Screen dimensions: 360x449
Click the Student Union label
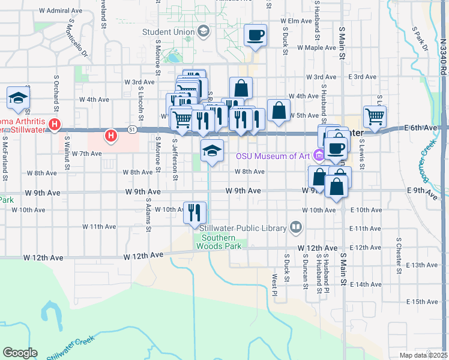click(168, 32)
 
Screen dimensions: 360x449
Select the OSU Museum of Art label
click(273, 157)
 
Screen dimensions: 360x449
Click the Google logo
click(20, 353)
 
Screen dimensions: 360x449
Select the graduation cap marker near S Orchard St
click(19, 99)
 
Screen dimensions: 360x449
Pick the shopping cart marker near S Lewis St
click(375, 116)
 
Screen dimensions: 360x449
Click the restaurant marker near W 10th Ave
click(195, 213)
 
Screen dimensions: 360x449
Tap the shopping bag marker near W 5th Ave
click(279, 110)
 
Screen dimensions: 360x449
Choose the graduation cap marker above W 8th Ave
click(212, 151)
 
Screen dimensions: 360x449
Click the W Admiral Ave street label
click(61, 11)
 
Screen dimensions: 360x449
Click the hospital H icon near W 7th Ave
click(111, 136)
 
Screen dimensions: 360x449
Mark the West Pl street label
click(274, 285)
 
